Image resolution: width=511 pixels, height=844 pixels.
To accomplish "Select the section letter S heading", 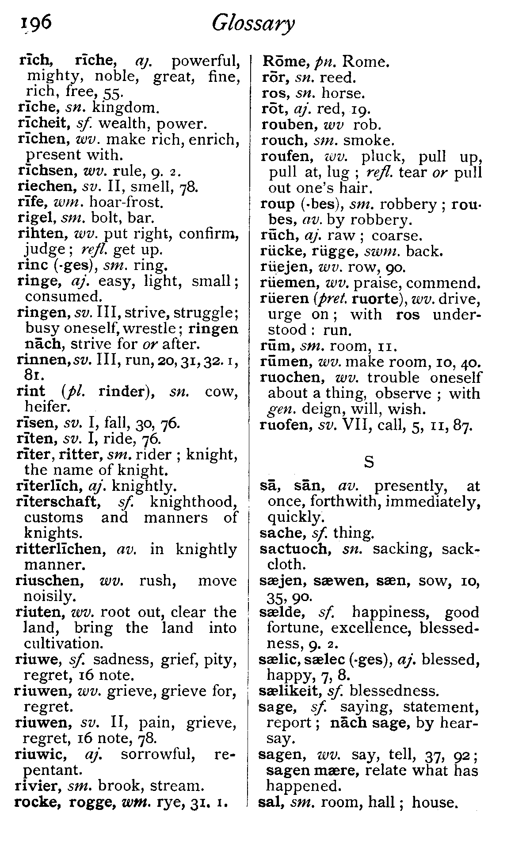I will tap(369, 462).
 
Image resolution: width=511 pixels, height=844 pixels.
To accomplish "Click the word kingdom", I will tap(124, 108).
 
